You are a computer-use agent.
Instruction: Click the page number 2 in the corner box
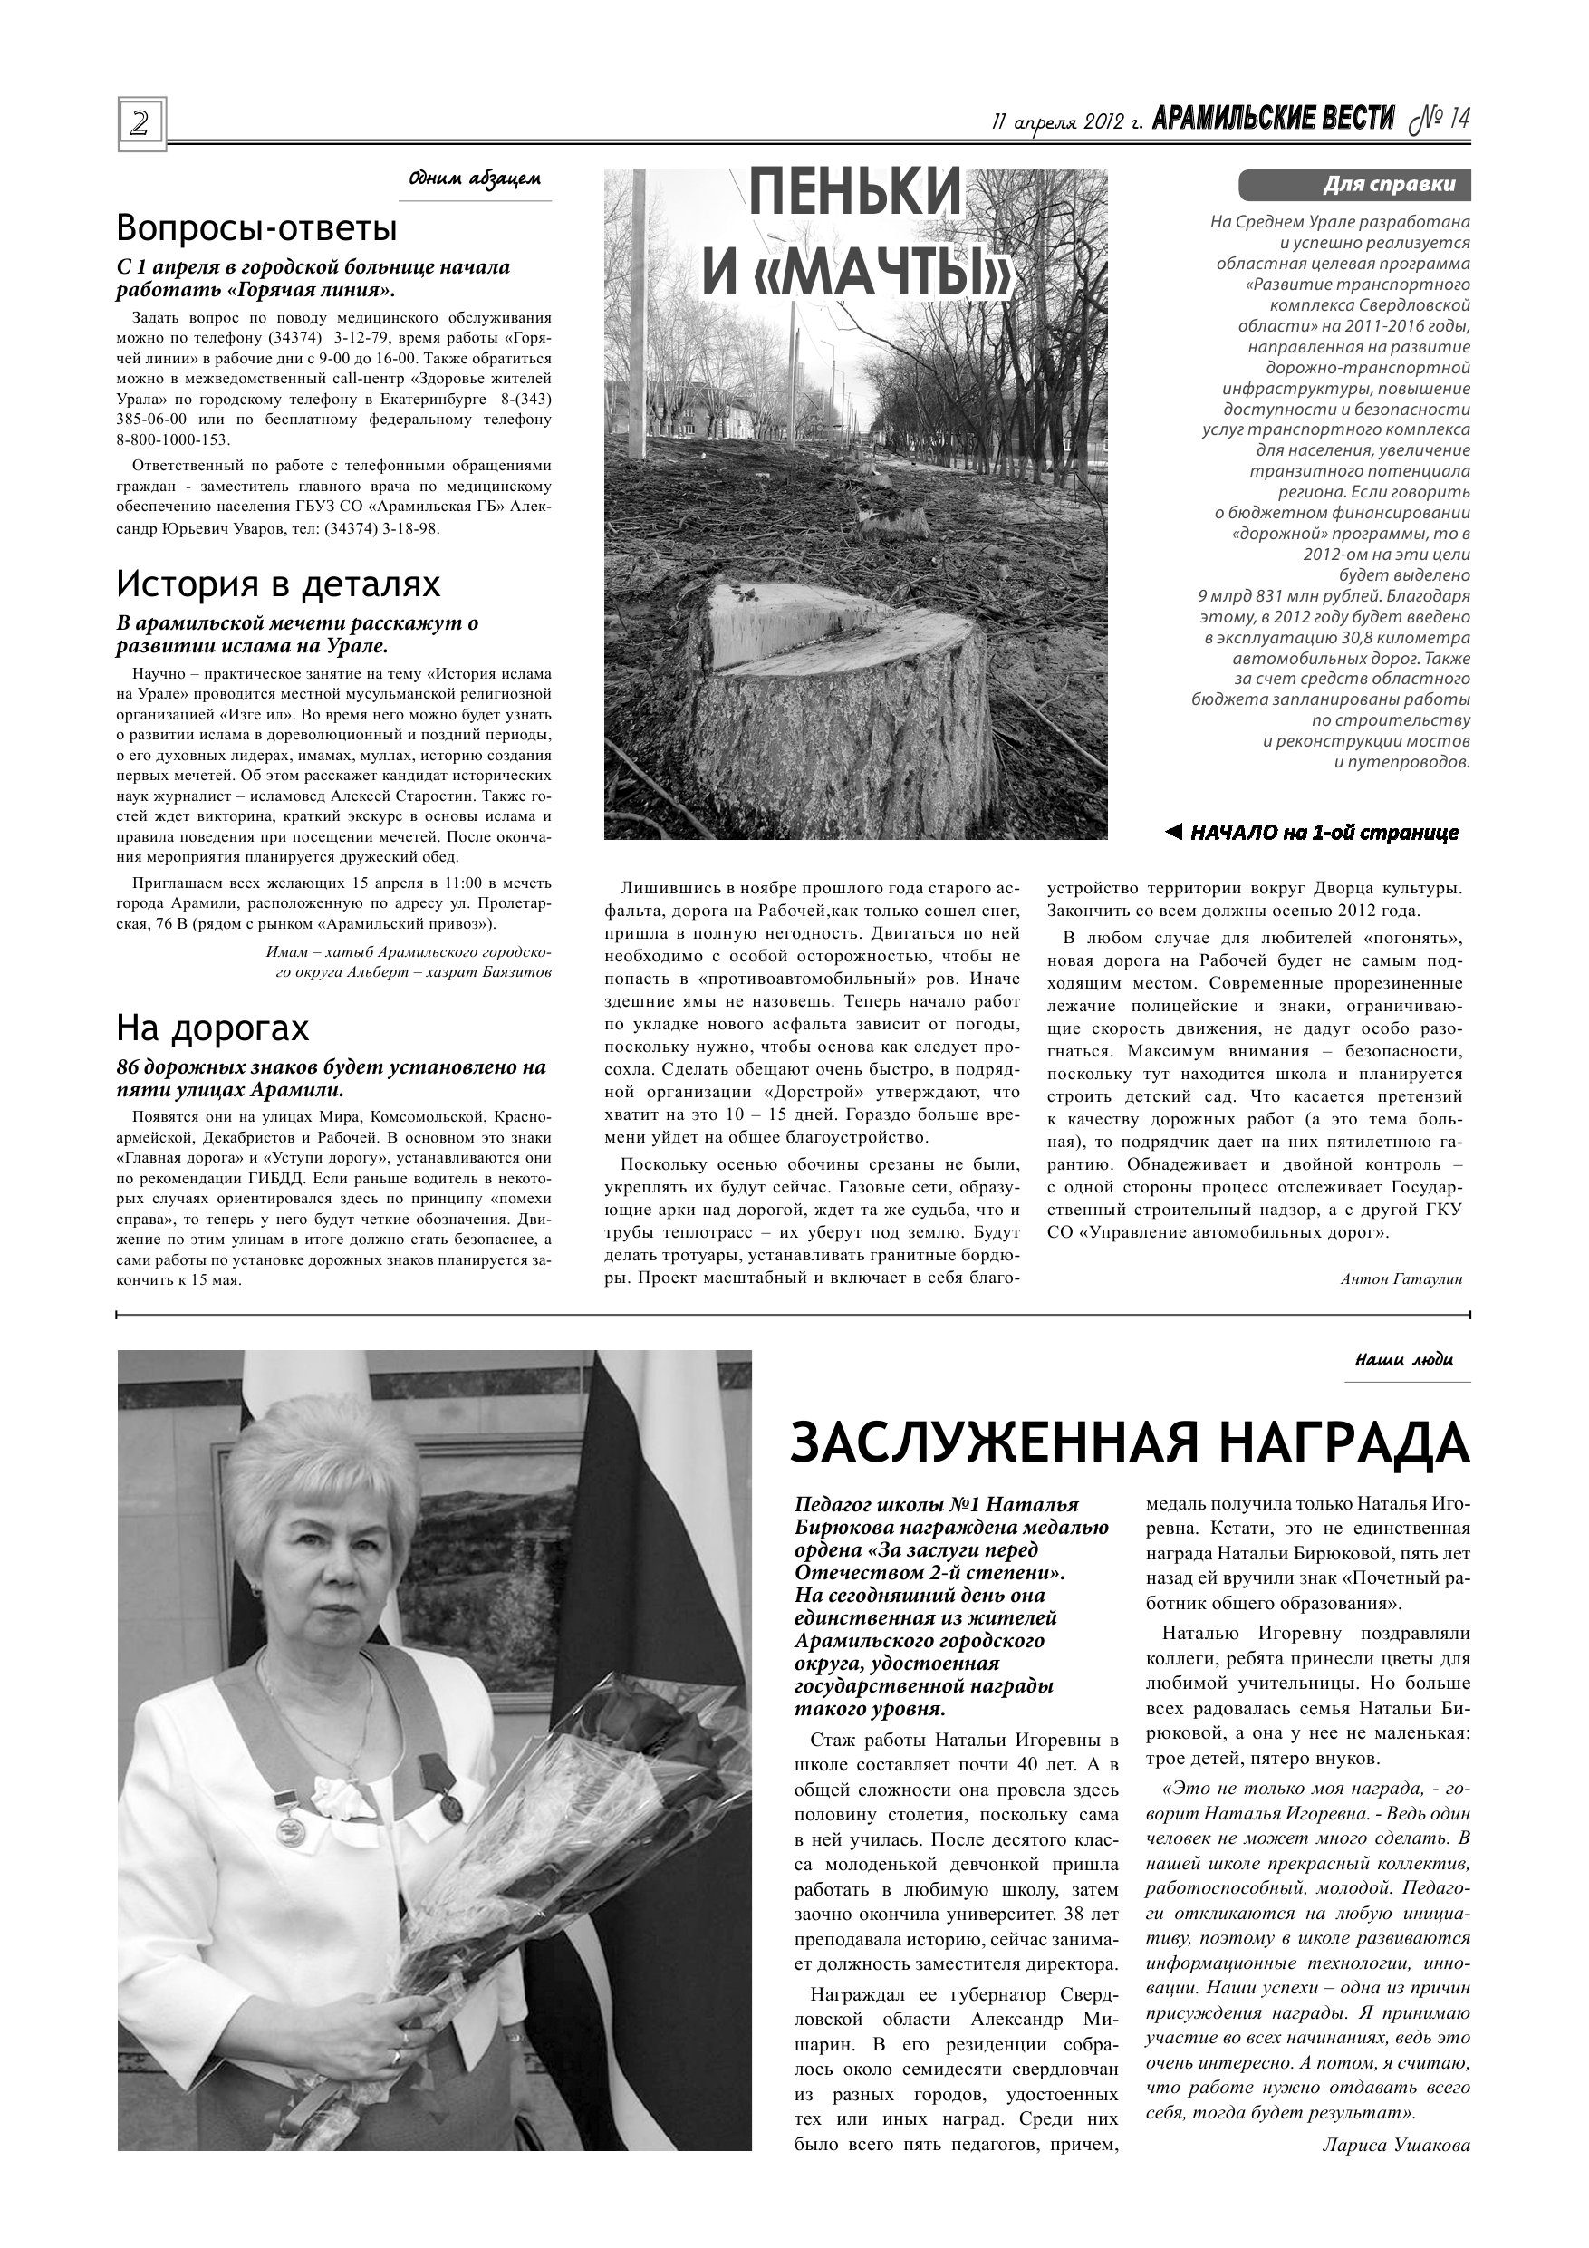[x=141, y=123]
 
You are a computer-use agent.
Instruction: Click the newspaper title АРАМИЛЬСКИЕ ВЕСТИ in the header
[x=1273, y=120]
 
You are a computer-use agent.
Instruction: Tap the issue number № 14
[x=1440, y=120]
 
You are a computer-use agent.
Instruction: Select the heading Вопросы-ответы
[x=256, y=228]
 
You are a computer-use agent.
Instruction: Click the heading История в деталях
[x=278, y=584]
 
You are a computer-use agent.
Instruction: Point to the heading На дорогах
[x=213, y=1028]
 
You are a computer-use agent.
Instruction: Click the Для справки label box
[x=1354, y=184]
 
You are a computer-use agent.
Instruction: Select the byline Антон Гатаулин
[x=1401, y=1278]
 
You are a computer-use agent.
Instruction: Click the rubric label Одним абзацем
[x=474, y=179]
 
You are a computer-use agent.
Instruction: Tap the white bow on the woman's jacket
[x=344, y=1798]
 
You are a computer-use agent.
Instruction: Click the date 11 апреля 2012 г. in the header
[x=1068, y=122]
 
